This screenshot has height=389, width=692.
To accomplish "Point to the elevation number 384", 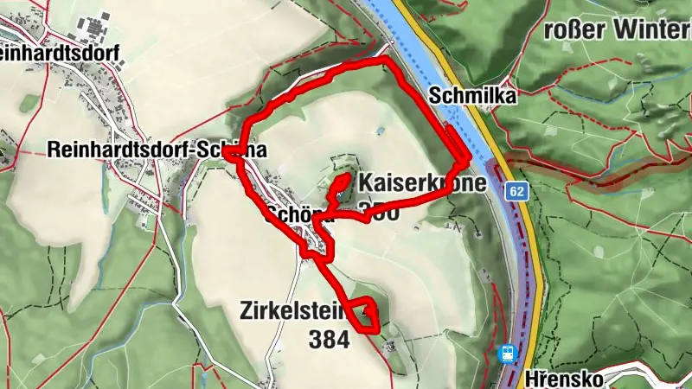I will tap(329, 341).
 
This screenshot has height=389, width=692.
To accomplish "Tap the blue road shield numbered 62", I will tap(517, 190).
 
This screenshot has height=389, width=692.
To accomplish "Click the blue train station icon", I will tap(508, 353).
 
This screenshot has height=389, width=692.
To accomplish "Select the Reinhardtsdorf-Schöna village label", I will tap(156, 150).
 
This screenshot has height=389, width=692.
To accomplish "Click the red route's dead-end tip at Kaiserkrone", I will tap(344, 177).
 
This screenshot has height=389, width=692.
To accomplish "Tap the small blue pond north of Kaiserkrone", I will tap(381, 131).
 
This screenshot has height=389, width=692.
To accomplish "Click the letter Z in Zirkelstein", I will tap(249, 310).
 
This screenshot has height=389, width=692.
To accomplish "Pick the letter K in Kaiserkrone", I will tap(365, 183).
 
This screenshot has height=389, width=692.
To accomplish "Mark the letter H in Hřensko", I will tap(531, 379).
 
